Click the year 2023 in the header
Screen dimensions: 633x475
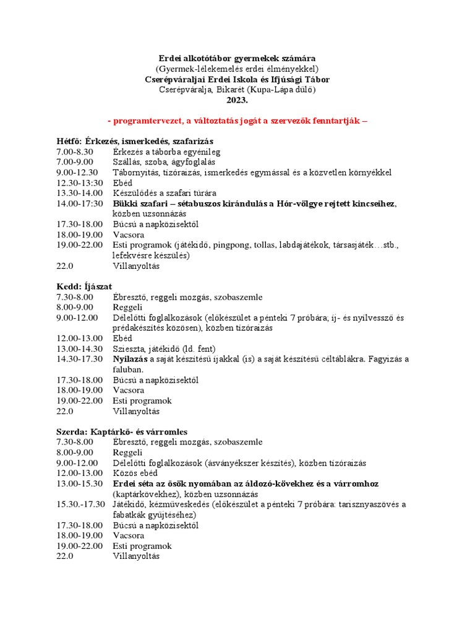[237, 100]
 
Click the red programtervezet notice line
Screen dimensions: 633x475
[237, 121]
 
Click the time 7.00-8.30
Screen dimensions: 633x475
[74, 151]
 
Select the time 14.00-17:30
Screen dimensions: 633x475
[78, 203]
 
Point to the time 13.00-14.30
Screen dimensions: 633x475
[77, 349]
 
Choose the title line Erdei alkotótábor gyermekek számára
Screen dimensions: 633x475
[237, 58]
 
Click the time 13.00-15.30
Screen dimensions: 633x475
[77, 483]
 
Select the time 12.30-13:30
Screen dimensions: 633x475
[77, 183]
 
